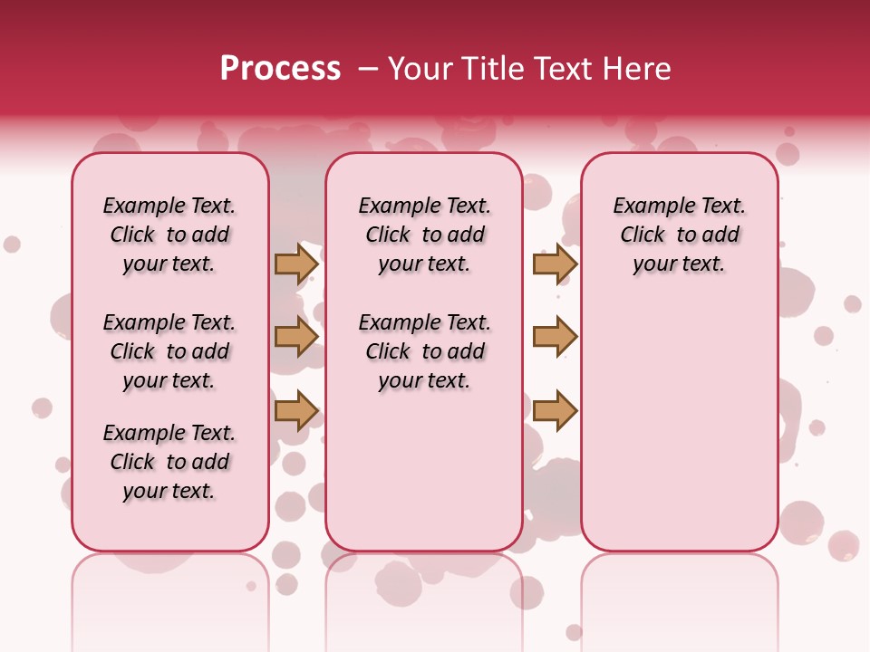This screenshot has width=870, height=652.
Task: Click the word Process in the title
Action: click(280, 69)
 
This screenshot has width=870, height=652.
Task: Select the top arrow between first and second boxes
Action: click(296, 264)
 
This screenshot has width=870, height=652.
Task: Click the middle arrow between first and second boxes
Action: click(296, 337)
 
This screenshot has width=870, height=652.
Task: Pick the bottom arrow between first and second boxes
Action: click(296, 410)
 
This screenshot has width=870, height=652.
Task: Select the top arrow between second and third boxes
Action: click(555, 264)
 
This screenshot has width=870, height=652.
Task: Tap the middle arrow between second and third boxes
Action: click(555, 337)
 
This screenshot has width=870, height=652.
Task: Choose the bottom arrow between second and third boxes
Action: click(555, 410)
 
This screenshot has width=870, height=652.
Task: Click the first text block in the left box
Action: click(169, 235)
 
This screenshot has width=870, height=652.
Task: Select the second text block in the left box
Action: click(169, 351)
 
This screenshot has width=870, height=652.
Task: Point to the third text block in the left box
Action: click(169, 462)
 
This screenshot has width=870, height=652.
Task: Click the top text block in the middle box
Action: click(424, 235)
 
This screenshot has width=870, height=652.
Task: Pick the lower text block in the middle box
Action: click(424, 351)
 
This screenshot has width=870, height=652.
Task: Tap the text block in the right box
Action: click(679, 235)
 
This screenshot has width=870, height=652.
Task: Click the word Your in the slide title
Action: click(420, 69)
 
